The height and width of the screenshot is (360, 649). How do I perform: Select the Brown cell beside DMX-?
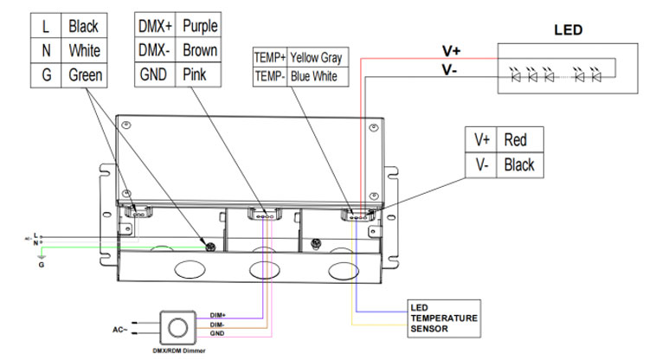click(200, 50)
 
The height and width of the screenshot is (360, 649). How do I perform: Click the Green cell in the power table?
click(86, 74)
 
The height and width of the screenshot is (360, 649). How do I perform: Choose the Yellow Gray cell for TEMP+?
click(316, 58)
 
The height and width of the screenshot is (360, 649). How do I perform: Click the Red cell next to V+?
click(516, 138)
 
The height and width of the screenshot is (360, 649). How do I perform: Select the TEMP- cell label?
click(269, 76)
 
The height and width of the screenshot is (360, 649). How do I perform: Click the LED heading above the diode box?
click(568, 30)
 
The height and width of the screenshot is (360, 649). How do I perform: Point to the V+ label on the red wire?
click(451, 50)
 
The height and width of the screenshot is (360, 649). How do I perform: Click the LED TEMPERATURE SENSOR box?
click(444, 318)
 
